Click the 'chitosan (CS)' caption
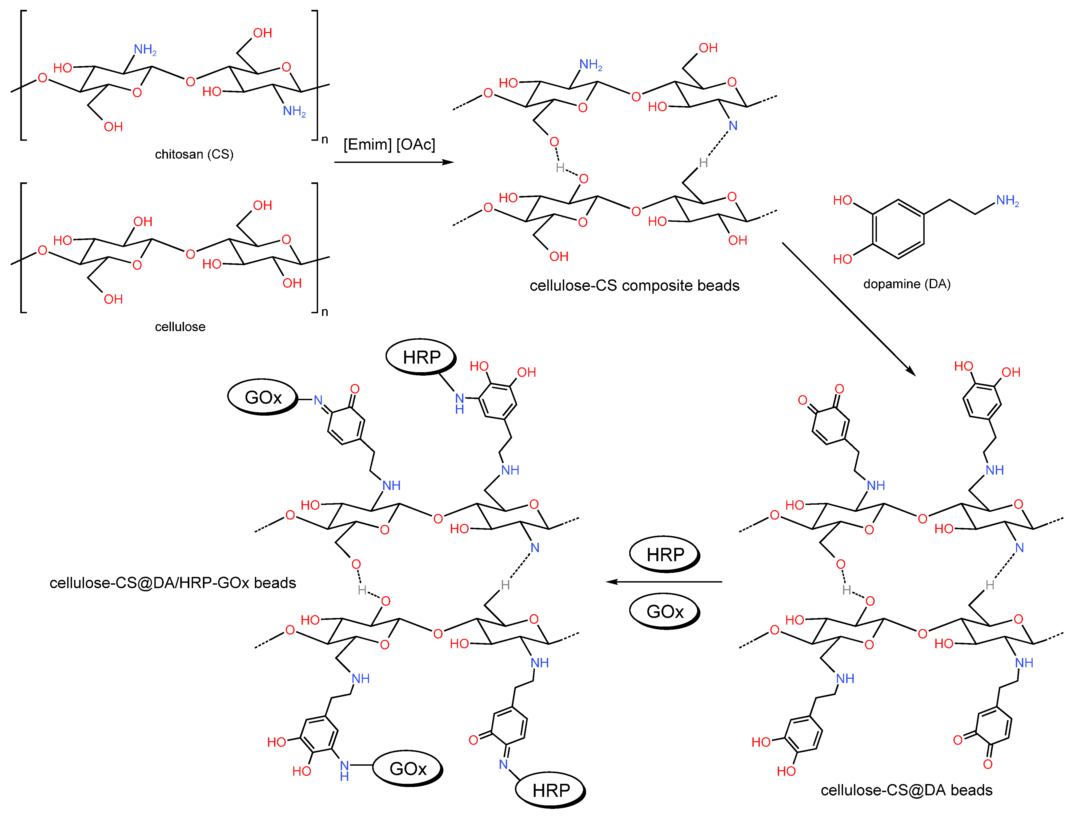point(194,155)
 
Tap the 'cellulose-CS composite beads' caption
point(634,286)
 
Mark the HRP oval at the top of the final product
point(421,357)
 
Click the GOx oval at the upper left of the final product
point(263,397)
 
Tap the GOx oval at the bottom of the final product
point(408,769)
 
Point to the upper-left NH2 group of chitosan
point(145,50)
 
